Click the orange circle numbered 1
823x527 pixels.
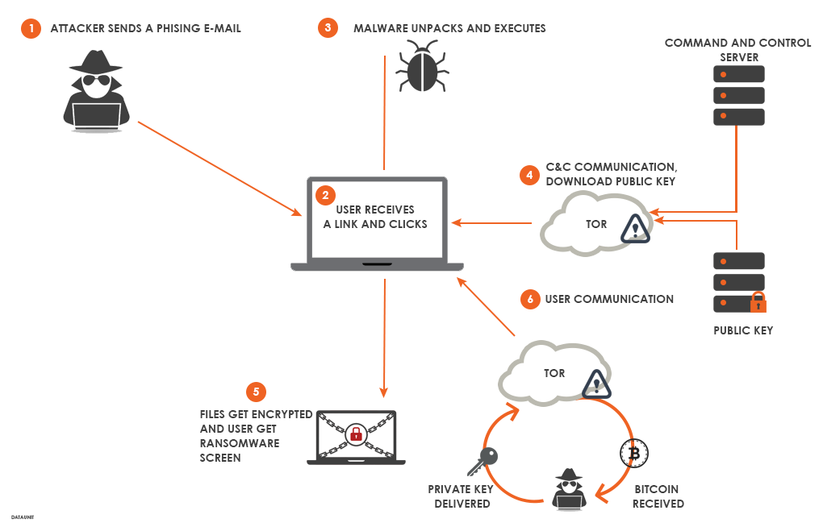pos(31,29)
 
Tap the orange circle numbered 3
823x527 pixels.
pos(327,28)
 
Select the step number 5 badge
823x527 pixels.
pos(256,392)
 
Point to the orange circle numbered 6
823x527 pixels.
pos(529,299)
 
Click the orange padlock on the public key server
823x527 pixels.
pos(758,303)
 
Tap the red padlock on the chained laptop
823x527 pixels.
pos(355,435)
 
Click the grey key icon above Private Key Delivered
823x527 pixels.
pos(482,461)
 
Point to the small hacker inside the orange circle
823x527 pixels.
pos(569,488)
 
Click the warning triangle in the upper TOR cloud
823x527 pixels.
pos(636,229)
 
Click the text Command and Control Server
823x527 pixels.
pos(737,50)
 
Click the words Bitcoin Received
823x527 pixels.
pos(658,496)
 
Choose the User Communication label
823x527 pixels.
pos(609,299)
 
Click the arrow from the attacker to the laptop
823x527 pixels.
pos(218,168)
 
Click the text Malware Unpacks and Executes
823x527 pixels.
pos(449,28)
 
